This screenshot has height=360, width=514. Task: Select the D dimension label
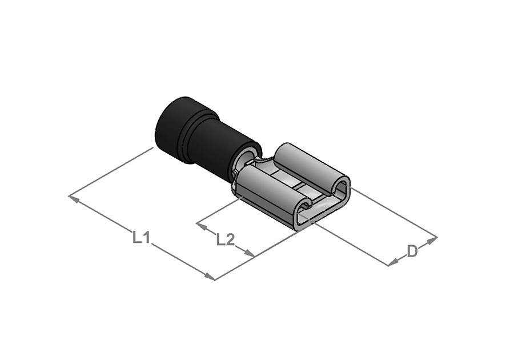click(x=412, y=251)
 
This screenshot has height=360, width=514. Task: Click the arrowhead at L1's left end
click(x=73, y=198)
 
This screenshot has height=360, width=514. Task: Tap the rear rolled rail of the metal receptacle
click(x=311, y=166)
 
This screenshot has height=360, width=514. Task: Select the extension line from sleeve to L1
click(x=111, y=171)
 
